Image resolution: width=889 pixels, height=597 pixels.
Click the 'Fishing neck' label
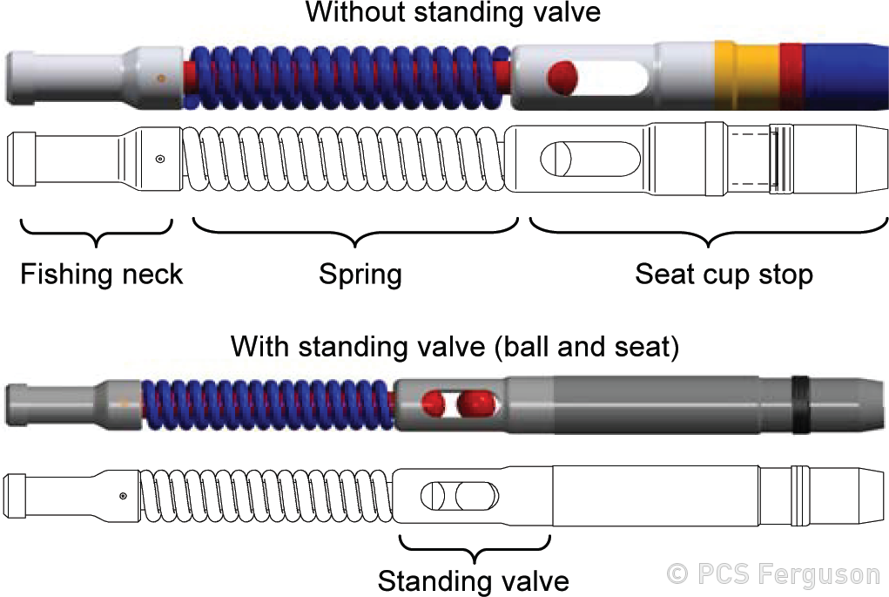click(x=102, y=275)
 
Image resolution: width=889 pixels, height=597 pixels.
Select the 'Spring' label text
click(x=360, y=275)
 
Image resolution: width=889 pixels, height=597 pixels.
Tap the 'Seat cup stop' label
click(x=724, y=275)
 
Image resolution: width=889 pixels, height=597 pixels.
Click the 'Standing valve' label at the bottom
click(x=474, y=580)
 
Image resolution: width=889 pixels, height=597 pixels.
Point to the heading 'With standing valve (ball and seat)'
click(x=455, y=347)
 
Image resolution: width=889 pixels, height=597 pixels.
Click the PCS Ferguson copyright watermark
click(x=773, y=574)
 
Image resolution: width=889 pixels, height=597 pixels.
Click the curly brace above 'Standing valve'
click(x=475, y=548)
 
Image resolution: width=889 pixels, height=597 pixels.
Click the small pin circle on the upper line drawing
click(x=159, y=159)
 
